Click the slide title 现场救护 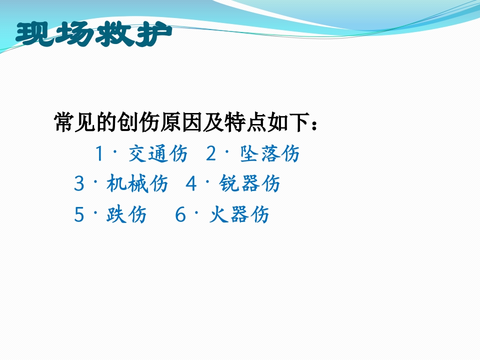94,34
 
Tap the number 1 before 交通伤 99,153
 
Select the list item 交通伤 158,153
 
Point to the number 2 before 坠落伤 211,153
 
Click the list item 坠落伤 269,153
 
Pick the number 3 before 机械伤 79,183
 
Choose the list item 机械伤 137,183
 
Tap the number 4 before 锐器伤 191,183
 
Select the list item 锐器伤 249,183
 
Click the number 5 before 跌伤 79,214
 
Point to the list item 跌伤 126,214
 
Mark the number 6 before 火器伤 180,214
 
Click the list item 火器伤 239,214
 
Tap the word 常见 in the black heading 74,122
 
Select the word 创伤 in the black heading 138,122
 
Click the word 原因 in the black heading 181,122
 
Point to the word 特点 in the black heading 245,122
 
